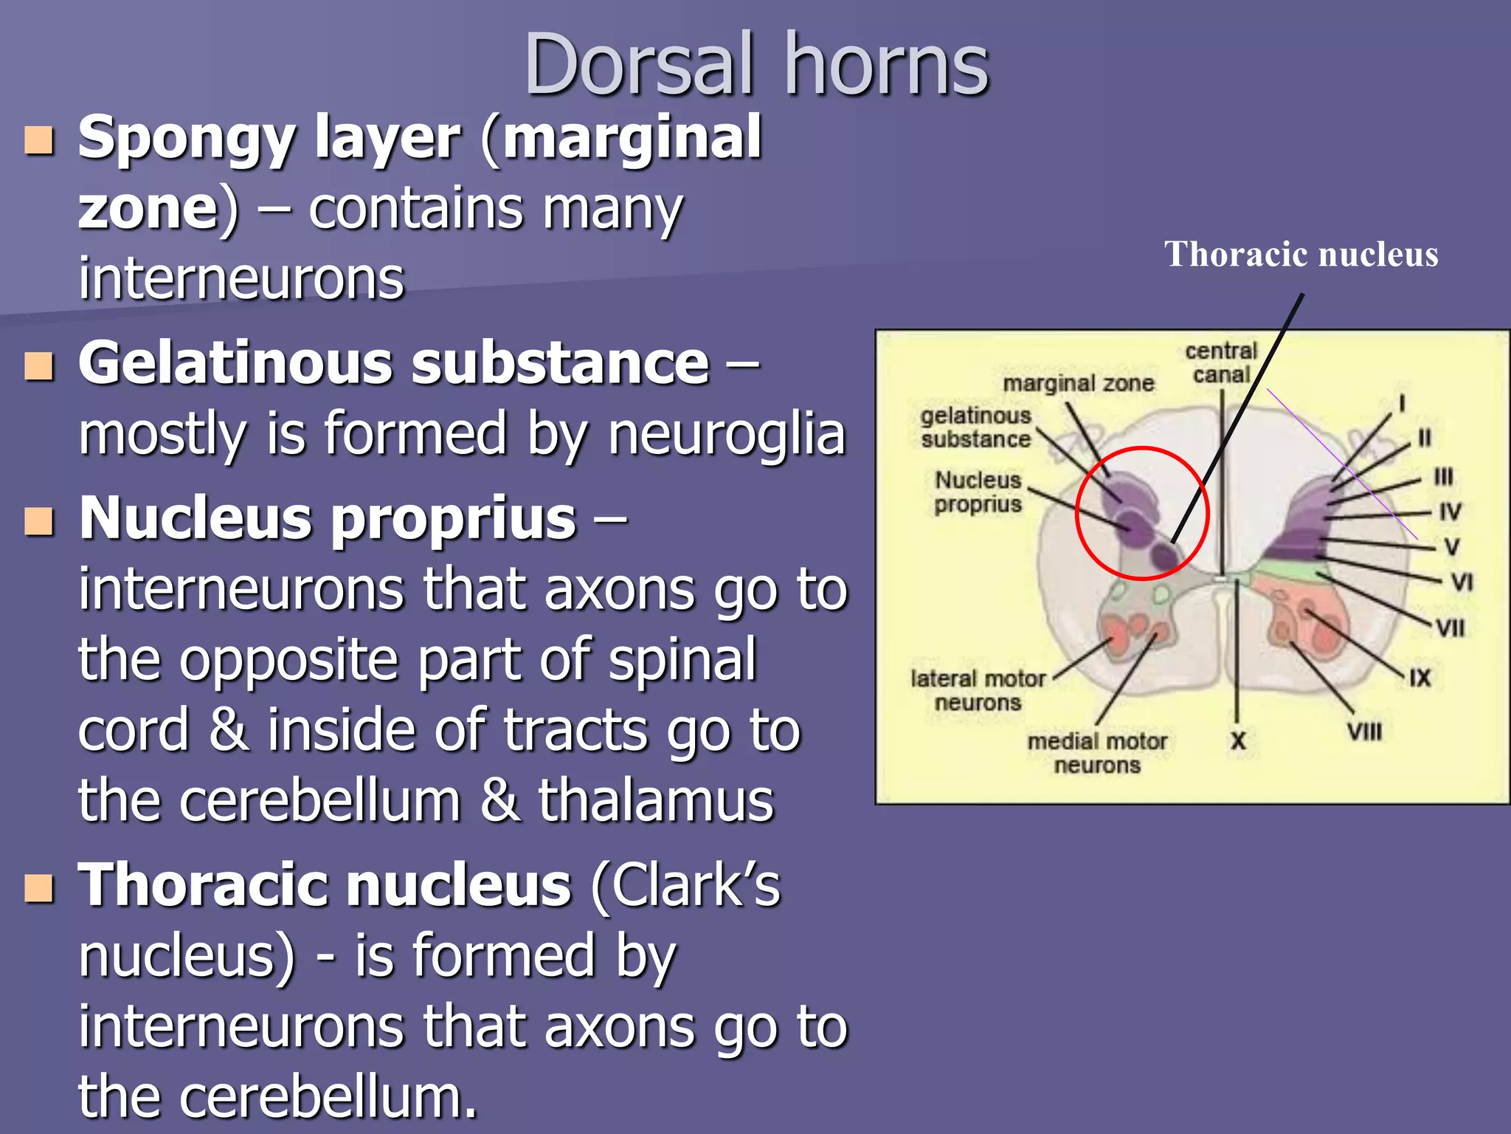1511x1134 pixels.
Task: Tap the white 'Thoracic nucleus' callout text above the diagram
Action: (1301, 255)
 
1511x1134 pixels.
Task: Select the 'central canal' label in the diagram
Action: (1221, 362)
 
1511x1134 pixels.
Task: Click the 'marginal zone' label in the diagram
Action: (1078, 383)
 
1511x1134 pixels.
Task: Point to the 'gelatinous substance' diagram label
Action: (975, 427)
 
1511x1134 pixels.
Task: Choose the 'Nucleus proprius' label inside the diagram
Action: (978, 492)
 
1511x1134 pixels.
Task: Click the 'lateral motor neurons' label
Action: (978, 690)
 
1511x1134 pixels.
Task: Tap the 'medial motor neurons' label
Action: (1097, 753)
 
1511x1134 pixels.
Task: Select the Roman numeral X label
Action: (1238, 740)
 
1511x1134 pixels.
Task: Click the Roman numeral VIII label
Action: (1364, 732)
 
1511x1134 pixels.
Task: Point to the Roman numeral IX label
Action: (1420, 678)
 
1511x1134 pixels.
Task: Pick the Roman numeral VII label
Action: (1450, 628)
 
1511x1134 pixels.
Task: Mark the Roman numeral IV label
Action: (1450, 512)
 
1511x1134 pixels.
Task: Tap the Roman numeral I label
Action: (1402, 403)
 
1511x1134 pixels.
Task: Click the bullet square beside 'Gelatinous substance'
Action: (39, 365)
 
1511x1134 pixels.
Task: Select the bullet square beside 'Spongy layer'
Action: (39, 140)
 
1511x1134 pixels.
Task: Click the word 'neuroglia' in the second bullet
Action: (726, 436)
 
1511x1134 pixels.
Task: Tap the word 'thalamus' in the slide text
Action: (656, 800)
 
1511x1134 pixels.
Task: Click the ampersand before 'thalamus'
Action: (499, 800)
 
